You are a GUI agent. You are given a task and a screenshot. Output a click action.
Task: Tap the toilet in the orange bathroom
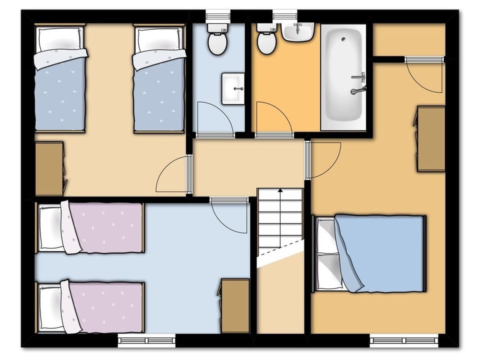click(266, 40)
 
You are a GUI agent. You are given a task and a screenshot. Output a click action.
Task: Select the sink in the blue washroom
click(233, 89)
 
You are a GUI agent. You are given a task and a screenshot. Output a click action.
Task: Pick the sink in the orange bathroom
click(298, 32)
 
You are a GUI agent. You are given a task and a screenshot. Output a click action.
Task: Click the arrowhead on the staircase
click(280, 190)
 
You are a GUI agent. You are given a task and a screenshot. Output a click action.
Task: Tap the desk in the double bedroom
click(431, 138)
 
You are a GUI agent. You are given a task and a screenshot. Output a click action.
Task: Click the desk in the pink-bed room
click(235, 305)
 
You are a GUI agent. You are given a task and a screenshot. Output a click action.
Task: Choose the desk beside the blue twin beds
click(49, 168)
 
